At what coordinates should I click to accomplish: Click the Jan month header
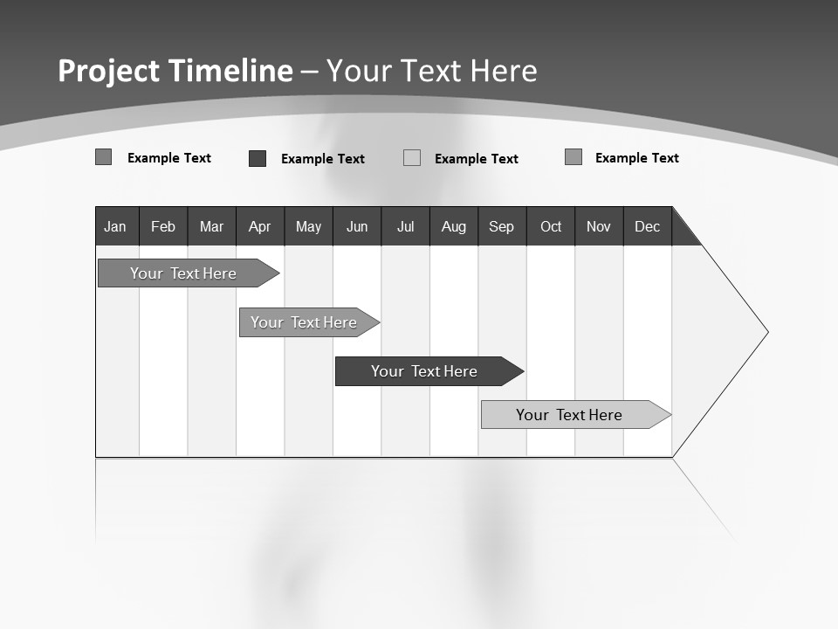tap(115, 226)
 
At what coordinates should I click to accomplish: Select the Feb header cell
tap(163, 226)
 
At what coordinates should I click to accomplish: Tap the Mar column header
tap(211, 226)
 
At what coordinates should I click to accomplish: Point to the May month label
tap(308, 226)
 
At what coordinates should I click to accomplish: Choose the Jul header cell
tap(405, 226)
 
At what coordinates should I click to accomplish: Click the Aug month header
tap(453, 226)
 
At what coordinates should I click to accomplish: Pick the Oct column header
tap(551, 226)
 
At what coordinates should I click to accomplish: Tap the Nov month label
tap(599, 226)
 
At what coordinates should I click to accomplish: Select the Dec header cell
tap(647, 226)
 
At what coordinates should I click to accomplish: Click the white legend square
tap(412, 158)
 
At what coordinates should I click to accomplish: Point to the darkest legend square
tap(258, 158)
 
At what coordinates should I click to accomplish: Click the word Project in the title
tap(109, 71)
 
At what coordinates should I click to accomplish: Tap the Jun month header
tap(357, 226)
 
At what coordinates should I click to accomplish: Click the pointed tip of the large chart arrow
tap(766, 332)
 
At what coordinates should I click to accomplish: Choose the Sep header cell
tap(501, 226)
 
